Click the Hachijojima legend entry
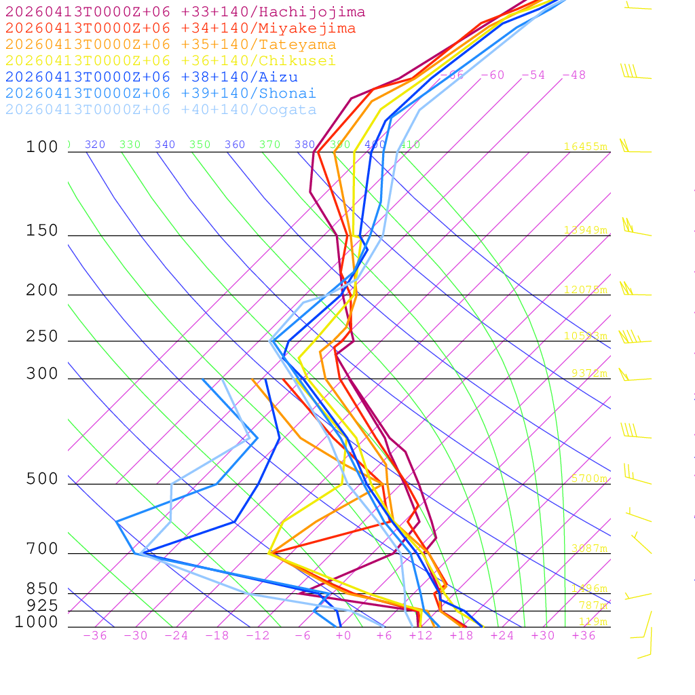(185, 12)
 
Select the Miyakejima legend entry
(181, 29)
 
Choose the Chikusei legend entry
(170, 61)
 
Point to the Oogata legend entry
(161, 110)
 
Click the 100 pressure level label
(42, 147)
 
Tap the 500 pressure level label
(42, 479)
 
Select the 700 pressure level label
(42, 549)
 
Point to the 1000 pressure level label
(37, 622)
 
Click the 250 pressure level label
(42, 337)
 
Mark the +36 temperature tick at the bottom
(583, 635)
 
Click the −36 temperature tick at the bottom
(94, 635)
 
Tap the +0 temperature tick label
(343, 635)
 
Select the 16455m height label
(585, 147)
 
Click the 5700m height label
(588, 478)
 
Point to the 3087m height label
(588, 548)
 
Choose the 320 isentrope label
(95, 145)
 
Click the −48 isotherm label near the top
(574, 75)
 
